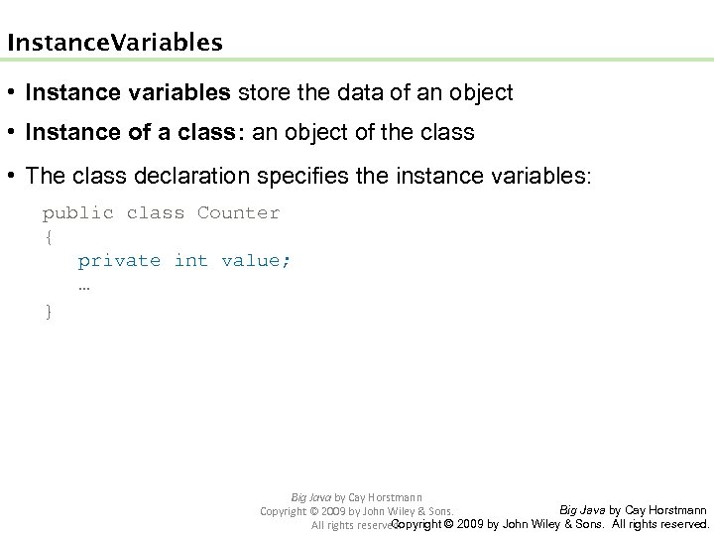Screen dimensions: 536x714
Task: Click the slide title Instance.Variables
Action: (114, 44)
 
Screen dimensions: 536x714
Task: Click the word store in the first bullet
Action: (261, 93)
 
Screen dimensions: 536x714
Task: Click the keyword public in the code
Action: (77, 212)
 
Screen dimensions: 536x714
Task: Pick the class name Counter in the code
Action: (239, 212)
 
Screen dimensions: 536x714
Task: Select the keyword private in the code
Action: (119, 260)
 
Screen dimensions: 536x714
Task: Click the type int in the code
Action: (191, 260)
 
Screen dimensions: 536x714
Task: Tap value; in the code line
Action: (257, 260)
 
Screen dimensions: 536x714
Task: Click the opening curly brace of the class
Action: (48, 236)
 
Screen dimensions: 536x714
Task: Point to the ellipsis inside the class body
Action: (84, 285)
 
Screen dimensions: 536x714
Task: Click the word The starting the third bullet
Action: (45, 176)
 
